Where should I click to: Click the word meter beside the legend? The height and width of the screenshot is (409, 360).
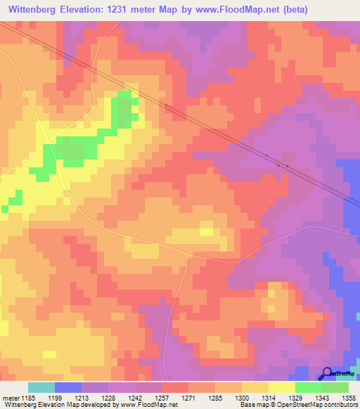pos(11,397)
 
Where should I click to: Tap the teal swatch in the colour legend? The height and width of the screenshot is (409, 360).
pos(41,387)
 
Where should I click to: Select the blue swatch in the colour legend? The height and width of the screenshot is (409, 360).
pos(68,387)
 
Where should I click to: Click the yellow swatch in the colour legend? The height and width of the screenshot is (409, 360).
pos(281,387)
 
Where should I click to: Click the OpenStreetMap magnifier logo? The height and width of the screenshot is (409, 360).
pos(328,373)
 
